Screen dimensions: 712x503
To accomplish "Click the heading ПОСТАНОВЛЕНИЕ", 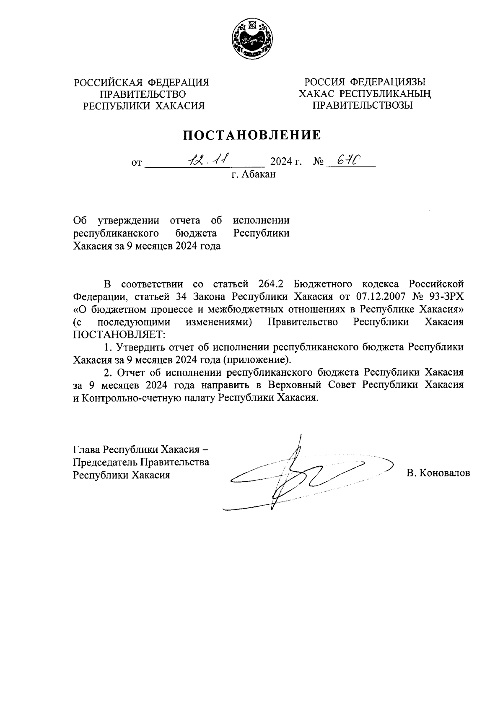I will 251,135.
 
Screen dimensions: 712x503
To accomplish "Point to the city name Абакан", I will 259,174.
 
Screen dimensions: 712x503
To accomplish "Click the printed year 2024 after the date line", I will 283,161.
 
